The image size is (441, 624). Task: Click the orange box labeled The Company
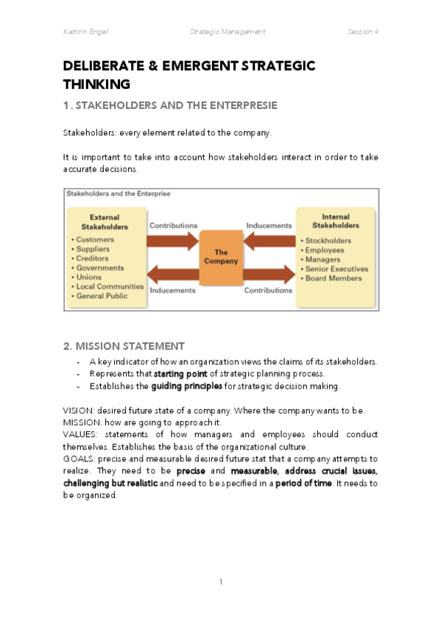pyautogui.click(x=220, y=256)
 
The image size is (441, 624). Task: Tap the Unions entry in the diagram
pyautogui.click(x=89, y=277)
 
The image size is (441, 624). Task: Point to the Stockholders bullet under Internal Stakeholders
pyautogui.click(x=328, y=241)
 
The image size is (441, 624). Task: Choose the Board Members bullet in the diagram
pyautogui.click(x=333, y=278)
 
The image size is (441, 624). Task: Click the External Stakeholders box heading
pyautogui.click(x=104, y=222)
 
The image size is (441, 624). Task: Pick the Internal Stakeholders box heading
pyautogui.click(x=336, y=221)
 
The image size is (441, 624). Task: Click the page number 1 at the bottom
pyautogui.click(x=220, y=582)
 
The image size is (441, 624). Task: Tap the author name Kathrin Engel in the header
pyautogui.click(x=87, y=32)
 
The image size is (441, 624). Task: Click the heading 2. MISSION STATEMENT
pyautogui.click(x=124, y=345)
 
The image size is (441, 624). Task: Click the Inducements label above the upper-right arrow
pyautogui.click(x=268, y=225)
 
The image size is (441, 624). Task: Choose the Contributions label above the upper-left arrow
pyautogui.click(x=174, y=225)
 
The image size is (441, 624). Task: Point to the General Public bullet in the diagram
pyautogui.click(x=102, y=296)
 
